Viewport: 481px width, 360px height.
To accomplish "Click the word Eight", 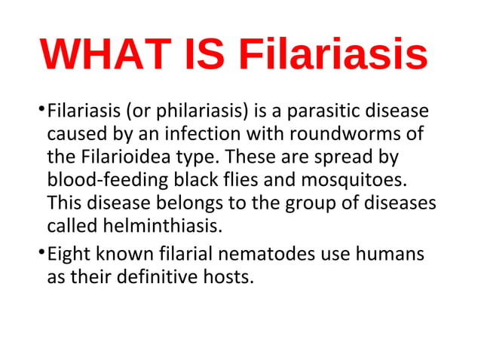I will click(67, 254).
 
